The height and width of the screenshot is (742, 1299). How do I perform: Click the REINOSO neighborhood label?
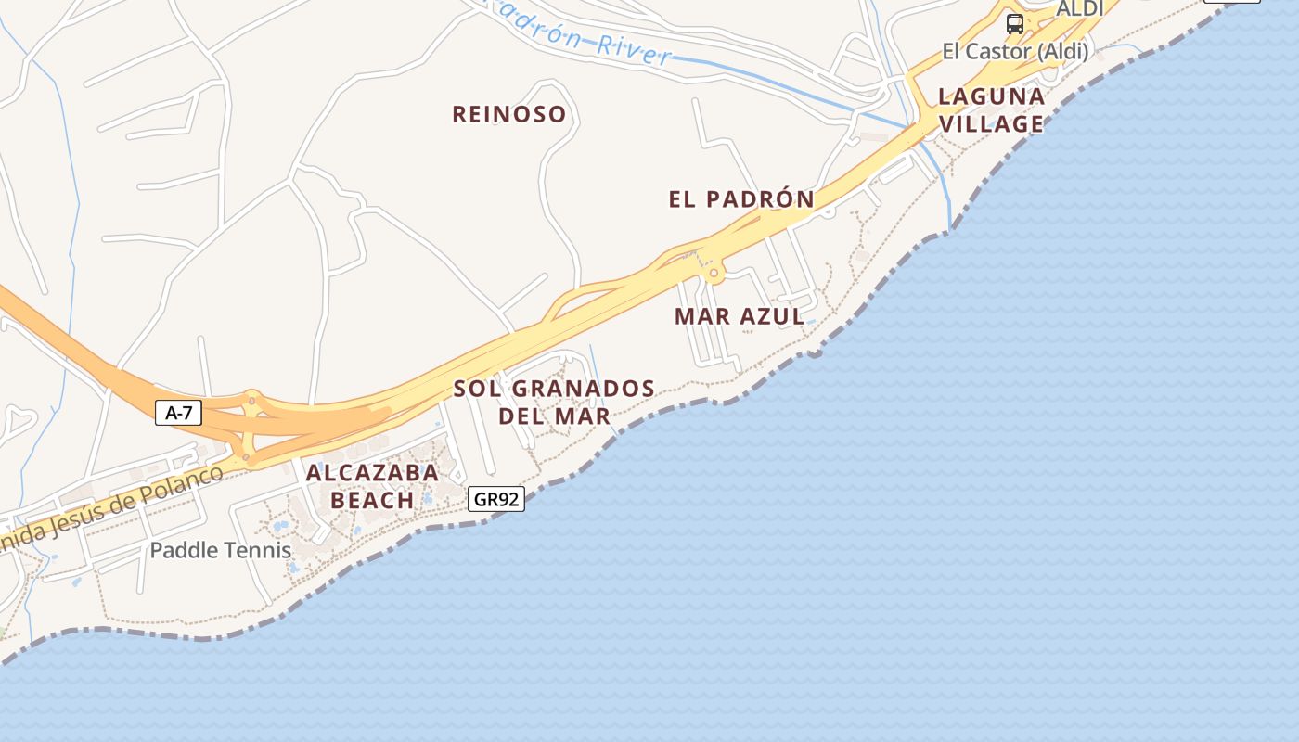[508, 114]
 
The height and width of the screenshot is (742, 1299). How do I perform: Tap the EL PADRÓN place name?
[741, 198]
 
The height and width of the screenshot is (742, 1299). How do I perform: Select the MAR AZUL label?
[740, 316]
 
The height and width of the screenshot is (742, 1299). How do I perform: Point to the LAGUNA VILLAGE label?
[991, 109]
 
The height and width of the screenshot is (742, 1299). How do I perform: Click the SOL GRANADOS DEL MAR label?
[555, 402]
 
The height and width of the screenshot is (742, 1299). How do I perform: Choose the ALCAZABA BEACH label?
[372, 486]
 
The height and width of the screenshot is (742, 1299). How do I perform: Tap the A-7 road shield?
[178, 413]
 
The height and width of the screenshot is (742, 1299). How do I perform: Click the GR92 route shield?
[496, 499]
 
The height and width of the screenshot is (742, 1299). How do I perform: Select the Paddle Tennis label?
[221, 550]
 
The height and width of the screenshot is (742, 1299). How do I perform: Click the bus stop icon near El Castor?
[1015, 24]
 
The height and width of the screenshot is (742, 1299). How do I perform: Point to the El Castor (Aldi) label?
[1015, 51]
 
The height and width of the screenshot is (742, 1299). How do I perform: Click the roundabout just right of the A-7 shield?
[251, 401]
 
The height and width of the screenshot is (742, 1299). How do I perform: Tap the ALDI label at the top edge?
[1080, 8]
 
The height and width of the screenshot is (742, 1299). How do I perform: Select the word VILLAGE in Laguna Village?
[991, 123]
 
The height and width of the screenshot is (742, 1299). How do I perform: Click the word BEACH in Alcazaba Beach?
[372, 500]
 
